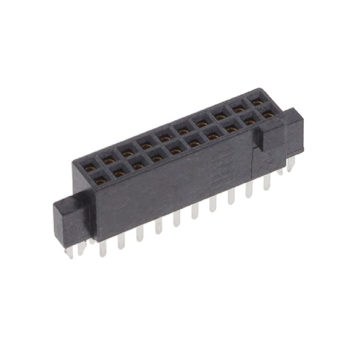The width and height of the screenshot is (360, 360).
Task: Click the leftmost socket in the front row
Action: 101,180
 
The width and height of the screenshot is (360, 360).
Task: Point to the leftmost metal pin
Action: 69,253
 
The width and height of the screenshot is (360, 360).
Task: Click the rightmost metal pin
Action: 291,164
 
